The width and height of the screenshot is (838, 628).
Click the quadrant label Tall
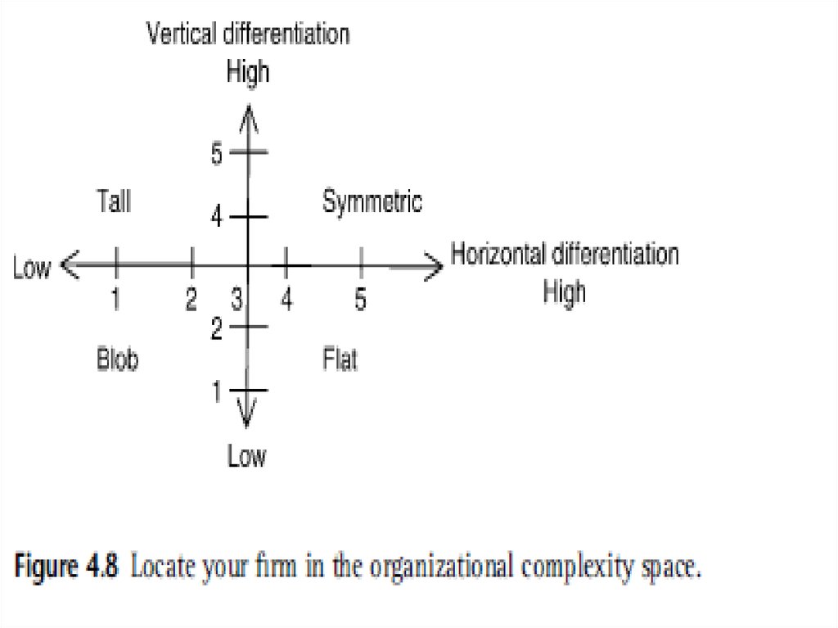click(114, 201)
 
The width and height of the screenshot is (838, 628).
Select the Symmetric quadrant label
click(372, 201)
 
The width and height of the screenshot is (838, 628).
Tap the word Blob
click(117, 359)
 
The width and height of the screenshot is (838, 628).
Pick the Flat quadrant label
click(340, 359)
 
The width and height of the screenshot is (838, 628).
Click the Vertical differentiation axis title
click(248, 34)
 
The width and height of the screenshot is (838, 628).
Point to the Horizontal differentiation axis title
click(565, 254)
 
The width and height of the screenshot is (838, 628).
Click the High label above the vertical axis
click(247, 72)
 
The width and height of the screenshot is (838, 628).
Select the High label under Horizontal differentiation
click(565, 291)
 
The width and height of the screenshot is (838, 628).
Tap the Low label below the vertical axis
click(246, 456)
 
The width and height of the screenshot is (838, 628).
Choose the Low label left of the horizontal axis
click(32, 268)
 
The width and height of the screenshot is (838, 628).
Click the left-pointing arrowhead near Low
click(70, 264)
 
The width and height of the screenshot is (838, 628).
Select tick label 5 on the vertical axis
click(217, 154)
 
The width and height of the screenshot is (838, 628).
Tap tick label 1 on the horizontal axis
click(116, 300)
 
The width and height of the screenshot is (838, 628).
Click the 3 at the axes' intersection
click(237, 300)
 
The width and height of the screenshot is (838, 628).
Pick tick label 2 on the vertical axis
click(217, 329)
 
